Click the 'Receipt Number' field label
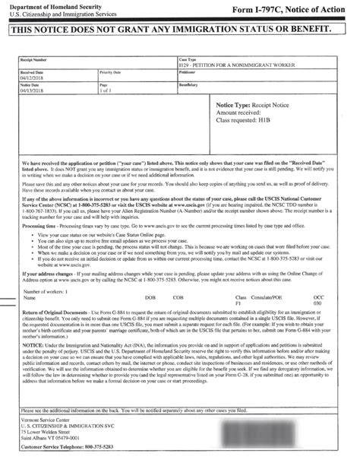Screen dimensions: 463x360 click(x=36, y=57)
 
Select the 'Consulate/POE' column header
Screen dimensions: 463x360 click(x=279, y=298)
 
